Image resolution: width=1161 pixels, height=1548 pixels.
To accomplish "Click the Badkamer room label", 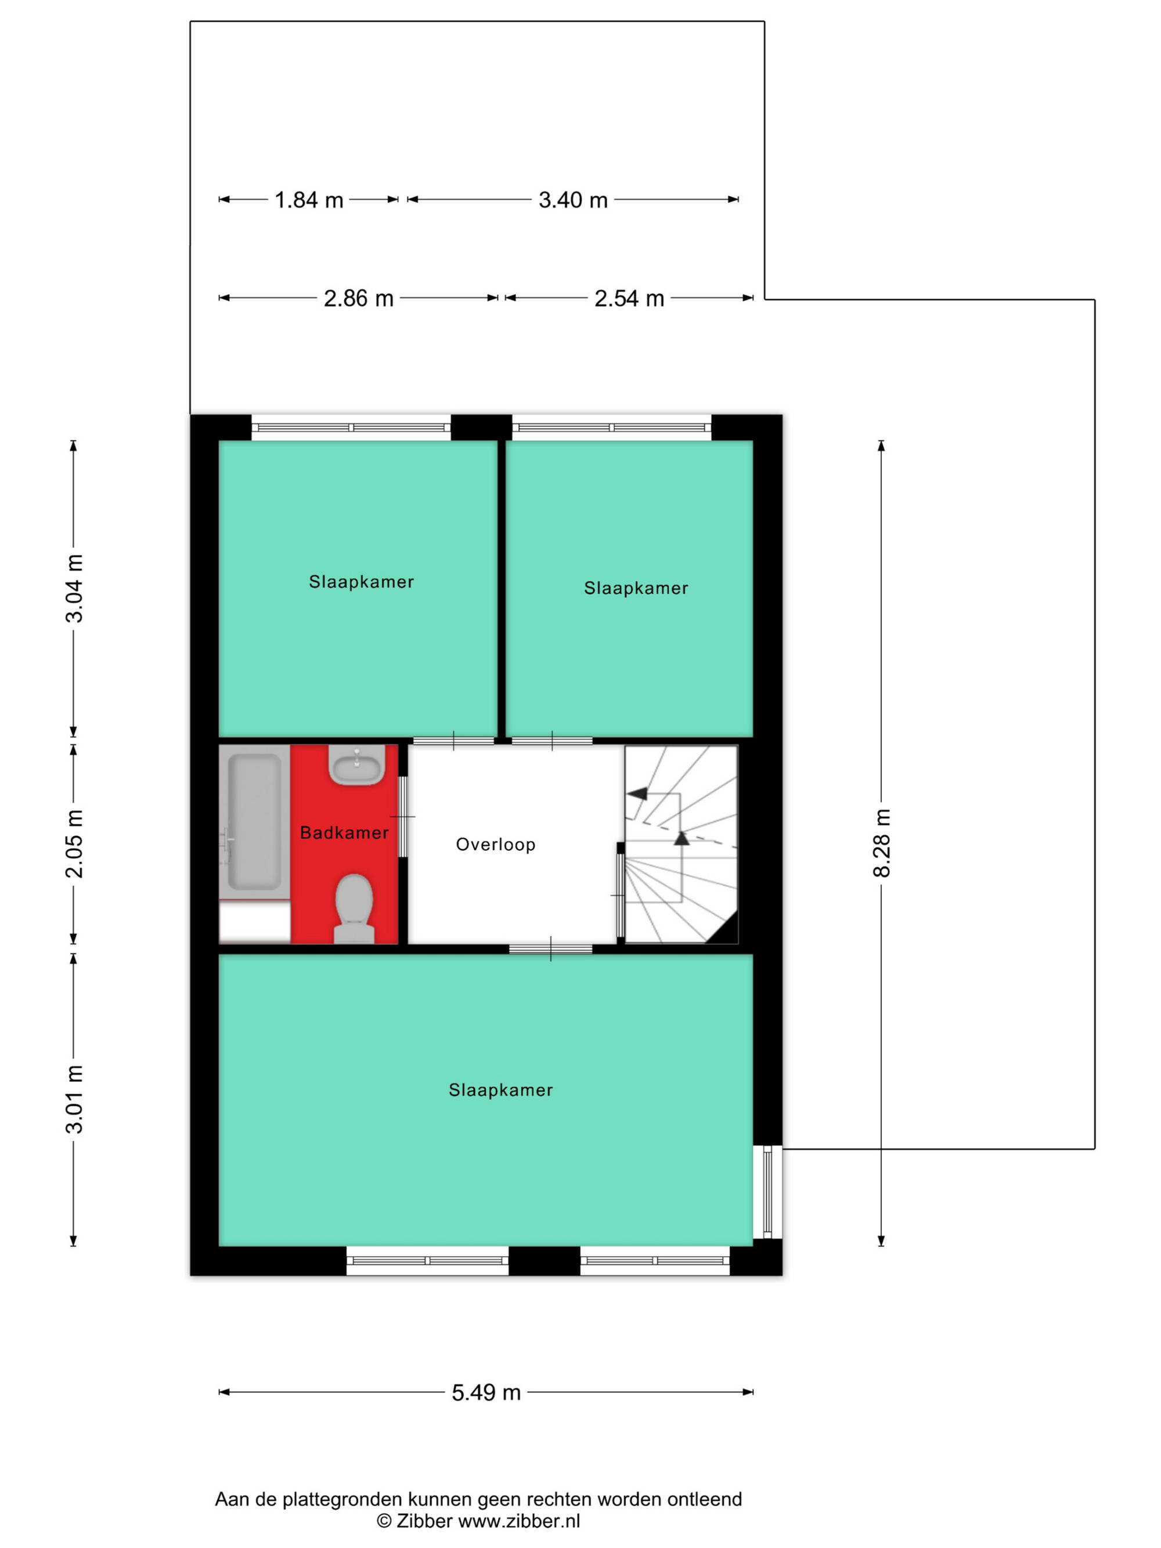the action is tap(344, 833).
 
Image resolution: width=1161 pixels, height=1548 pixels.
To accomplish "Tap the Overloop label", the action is tap(496, 845).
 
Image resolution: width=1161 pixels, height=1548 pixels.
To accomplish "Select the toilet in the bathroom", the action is tap(354, 908).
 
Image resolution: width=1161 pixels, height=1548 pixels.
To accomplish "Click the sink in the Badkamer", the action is tap(356, 764).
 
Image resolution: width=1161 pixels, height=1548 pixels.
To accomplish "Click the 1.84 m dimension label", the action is tap(309, 201).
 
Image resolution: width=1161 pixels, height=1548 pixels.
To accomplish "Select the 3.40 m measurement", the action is tap(572, 201).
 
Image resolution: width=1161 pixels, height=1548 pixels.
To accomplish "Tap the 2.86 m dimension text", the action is tap(358, 299).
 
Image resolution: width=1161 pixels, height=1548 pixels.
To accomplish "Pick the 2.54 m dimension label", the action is tap(629, 299).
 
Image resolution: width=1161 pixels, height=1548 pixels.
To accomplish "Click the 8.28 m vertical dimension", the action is tap(882, 843).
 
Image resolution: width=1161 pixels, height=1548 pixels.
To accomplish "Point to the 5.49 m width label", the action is tap(486, 1392).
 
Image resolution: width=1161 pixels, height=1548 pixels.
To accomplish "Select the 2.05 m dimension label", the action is tap(74, 843).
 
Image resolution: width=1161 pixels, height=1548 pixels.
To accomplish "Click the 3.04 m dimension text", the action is tap(74, 589).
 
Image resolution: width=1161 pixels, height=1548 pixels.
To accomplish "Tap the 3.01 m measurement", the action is tap(74, 1099).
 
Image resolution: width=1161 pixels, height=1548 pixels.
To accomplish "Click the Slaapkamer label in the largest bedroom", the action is tap(500, 1090).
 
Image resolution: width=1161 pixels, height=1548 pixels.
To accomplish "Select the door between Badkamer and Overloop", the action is tap(402, 817).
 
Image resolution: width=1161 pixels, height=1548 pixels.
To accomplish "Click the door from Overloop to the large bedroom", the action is tap(551, 949).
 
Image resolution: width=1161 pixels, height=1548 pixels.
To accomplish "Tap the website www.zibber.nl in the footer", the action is tap(518, 1521).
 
